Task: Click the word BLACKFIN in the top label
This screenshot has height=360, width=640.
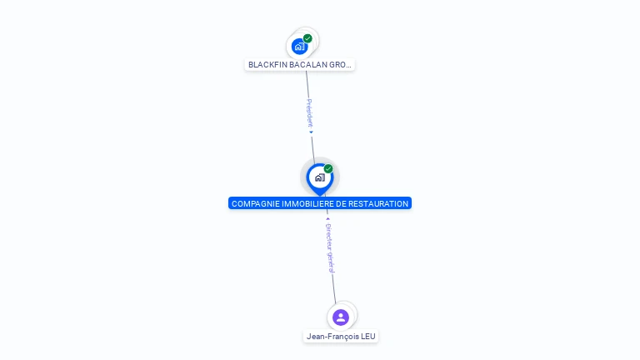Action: pyautogui.click(x=266, y=64)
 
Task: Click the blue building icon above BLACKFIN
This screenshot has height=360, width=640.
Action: pyautogui.click(x=299, y=47)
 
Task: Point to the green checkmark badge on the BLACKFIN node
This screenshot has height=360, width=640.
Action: pyautogui.click(x=307, y=38)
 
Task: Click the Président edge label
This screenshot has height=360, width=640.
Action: pyautogui.click(x=309, y=112)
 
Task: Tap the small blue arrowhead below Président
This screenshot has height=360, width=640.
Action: pyautogui.click(x=311, y=132)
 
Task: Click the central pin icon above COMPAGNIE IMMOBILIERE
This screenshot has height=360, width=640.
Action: pyautogui.click(x=319, y=177)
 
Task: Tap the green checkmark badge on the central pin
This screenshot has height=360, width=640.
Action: pyautogui.click(x=328, y=168)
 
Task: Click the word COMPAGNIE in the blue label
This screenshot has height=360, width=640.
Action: pyautogui.click(x=254, y=203)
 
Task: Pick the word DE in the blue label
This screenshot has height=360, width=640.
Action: pyautogui.click(x=347, y=203)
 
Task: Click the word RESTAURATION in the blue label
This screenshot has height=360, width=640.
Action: pyautogui.click(x=382, y=203)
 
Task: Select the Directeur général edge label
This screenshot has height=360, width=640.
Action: pyautogui.click(x=329, y=247)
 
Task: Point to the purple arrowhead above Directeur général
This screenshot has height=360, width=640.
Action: pyautogui.click(x=327, y=218)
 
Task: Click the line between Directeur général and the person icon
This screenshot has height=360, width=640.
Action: pyautogui.click(x=334, y=287)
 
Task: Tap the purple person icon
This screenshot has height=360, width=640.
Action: pyautogui.click(x=340, y=317)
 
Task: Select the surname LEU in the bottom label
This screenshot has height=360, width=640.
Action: pyautogui.click(x=369, y=337)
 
